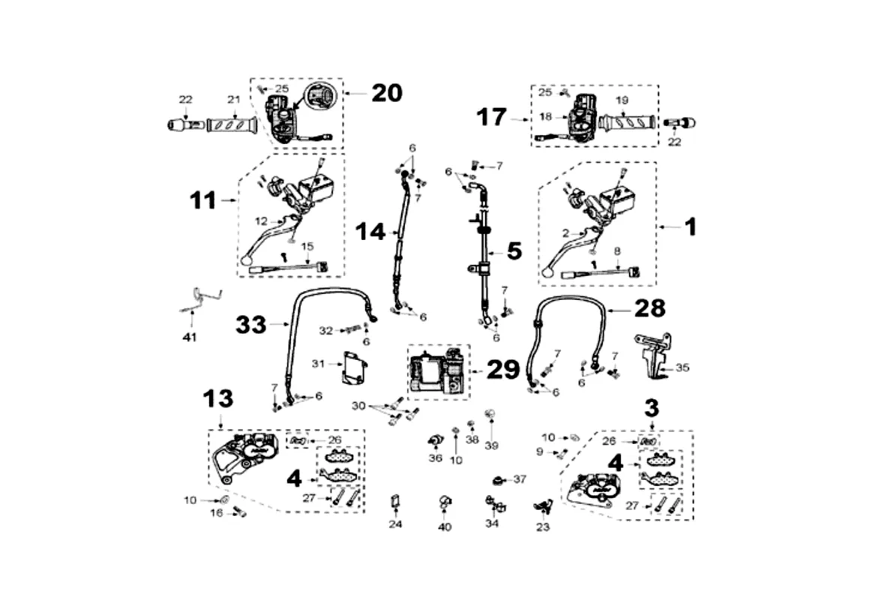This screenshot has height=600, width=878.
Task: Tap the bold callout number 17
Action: click(492, 117)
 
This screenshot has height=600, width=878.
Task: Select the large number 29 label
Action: click(503, 369)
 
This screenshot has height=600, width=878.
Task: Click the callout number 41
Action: click(189, 337)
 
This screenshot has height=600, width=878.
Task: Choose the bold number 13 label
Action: click(217, 399)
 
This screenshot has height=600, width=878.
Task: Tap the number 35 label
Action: click(682, 368)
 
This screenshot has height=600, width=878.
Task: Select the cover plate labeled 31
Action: click(355, 368)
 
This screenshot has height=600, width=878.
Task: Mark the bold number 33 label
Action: click(251, 325)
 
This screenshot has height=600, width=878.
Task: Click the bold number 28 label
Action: click(649, 307)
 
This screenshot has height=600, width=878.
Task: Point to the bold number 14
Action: click(370, 232)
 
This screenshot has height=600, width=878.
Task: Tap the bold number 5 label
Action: click(514, 250)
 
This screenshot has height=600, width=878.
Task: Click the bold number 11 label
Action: click(202, 201)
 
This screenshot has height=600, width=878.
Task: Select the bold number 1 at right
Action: click(688, 226)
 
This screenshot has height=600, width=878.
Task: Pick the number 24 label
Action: click(395, 524)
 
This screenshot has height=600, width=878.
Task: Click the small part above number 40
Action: click(445, 502)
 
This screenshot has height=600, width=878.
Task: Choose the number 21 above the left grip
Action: click(233, 100)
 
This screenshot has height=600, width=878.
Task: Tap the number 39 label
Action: click(491, 445)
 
